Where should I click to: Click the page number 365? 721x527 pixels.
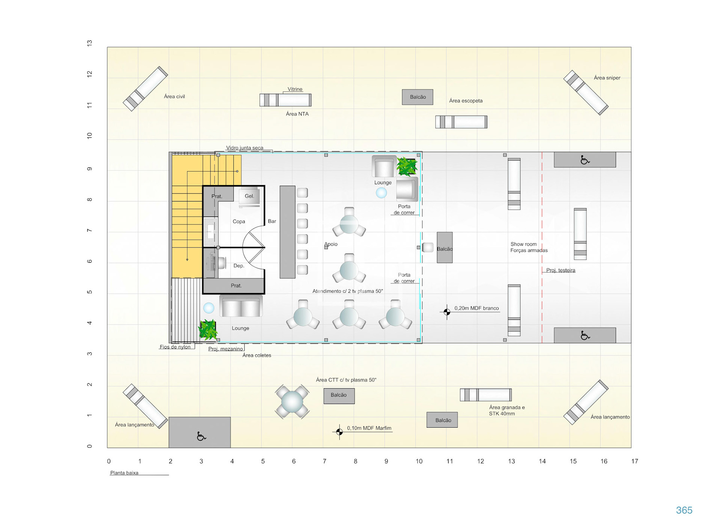coord(684,510)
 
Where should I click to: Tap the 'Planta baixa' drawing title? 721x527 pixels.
coord(124,473)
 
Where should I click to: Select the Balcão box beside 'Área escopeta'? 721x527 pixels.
coord(418,97)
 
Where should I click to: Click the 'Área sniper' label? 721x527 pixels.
coord(607,78)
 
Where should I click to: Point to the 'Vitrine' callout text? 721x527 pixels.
coord(295,89)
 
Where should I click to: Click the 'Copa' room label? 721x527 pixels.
coord(238,222)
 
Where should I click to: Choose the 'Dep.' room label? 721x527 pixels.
coord(239,266)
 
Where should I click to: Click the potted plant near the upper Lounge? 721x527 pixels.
coord(407,167)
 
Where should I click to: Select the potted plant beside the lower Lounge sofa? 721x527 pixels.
coord(208,330)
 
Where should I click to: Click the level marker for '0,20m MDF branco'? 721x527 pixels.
coord(447,312)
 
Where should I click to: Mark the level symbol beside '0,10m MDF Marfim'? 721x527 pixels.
coord(339,432)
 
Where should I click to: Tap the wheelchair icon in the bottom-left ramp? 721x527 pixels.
coord(201,436)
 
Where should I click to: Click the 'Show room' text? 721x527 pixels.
coord(523,244)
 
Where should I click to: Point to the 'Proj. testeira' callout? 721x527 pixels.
coord(560,270)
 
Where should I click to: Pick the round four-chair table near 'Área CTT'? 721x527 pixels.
coord(292,402)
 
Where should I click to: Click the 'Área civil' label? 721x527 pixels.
coord(174,97)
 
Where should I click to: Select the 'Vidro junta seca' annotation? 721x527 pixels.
coord(244,148)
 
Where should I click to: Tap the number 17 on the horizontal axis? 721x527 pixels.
coord(635,461)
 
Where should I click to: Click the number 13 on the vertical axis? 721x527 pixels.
coord(89,43)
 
